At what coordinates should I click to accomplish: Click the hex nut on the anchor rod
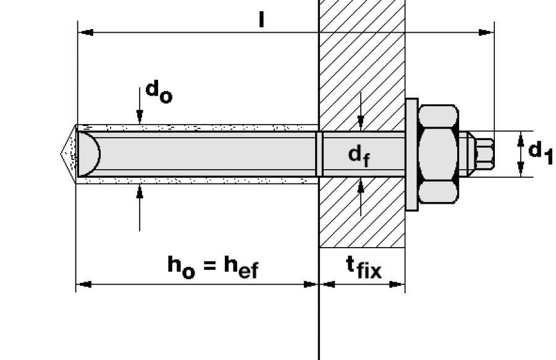pos(439,154)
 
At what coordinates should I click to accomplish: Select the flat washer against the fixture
pos(411,154)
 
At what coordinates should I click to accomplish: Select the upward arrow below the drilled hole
pos(140,192)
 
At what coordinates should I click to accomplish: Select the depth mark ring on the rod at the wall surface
pos(319,154)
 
